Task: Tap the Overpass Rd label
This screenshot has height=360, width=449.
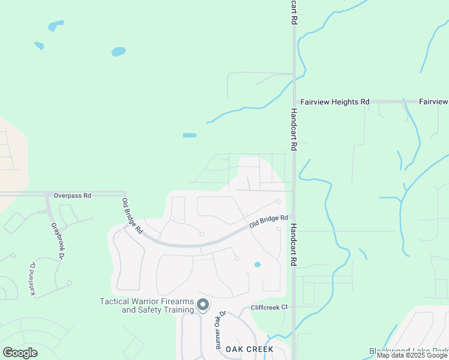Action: pyautogui.click(x=72, y=196)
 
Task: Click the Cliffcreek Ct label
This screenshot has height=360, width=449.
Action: pyautogui.click(x=270, y=307)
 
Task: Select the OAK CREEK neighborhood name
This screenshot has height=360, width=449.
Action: pyautogui.click(x=249, y=349)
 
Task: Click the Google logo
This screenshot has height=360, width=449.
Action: pyautogui.click(x=20, y=353)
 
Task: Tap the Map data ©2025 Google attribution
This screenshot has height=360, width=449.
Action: pyautogui.click(x=412, y=356)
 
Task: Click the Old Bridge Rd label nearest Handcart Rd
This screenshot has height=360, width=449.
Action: pyautogui.click(x=269, y=221)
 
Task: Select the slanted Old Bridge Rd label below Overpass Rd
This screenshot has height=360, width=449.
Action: pyautogui.click(x=132, y=216)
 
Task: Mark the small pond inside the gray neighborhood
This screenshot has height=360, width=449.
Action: pyautogui.click(x=258, y=264)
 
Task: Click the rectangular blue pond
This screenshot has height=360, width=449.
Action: pyautogui.click(x=189, y=135)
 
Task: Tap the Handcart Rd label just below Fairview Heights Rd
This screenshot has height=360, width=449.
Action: pyautogui.click(x=294, y=130)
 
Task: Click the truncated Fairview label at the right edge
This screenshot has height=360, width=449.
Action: pyautogui.click(x=433, y=103)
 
